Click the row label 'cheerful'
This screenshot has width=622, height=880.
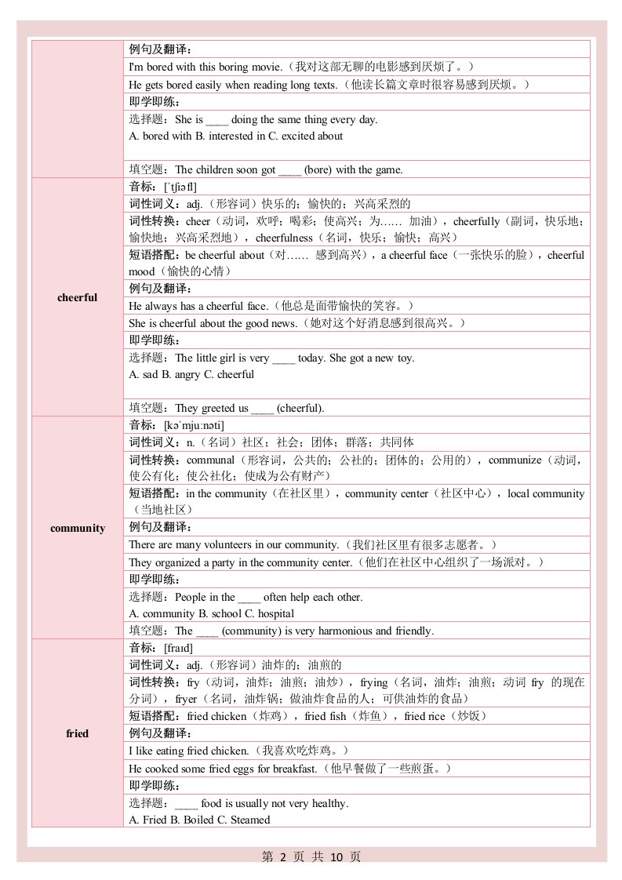tap(77, 297)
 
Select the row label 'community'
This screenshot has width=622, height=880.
tap(77, 528)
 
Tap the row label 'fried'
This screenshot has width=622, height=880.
tap(77, 733)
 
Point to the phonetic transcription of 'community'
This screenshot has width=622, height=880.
tap(194, 425)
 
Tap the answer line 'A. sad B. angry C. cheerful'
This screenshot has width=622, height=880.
tap(191, 374)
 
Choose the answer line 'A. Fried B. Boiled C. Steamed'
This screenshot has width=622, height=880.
tap(199, 820)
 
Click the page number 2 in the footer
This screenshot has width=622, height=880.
tap(284, 857)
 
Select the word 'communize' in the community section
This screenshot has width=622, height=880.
tap(515, 460)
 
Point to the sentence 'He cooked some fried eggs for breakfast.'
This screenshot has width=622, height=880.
tap(223, 768)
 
